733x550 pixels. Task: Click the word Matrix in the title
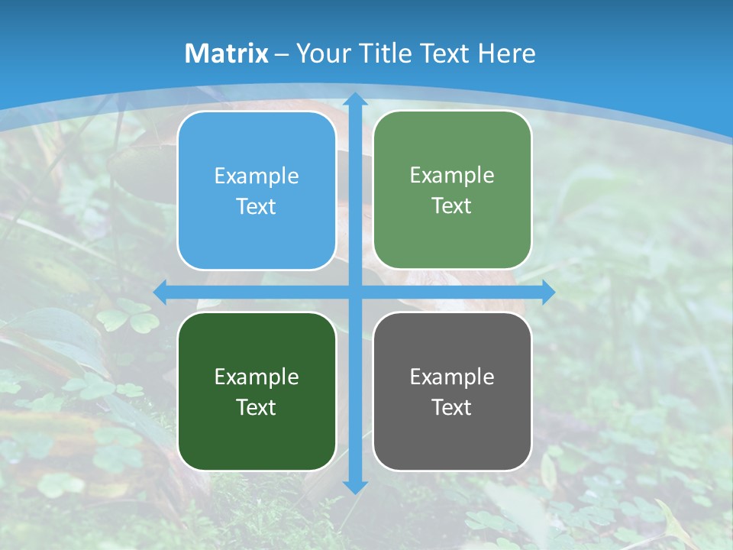(227, 53)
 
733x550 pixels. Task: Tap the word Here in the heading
(506, 53)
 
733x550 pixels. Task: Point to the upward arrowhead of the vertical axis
(354, 99)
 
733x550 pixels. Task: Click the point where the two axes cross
(354, 293)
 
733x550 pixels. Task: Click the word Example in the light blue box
(257, 176)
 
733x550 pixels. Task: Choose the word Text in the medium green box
(452, 205)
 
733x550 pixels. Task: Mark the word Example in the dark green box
(257, 377)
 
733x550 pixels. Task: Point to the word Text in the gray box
(452, 407)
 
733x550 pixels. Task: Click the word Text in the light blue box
(257, 206)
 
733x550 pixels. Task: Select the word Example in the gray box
(452, 377)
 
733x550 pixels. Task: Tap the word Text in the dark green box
(257, 407)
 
